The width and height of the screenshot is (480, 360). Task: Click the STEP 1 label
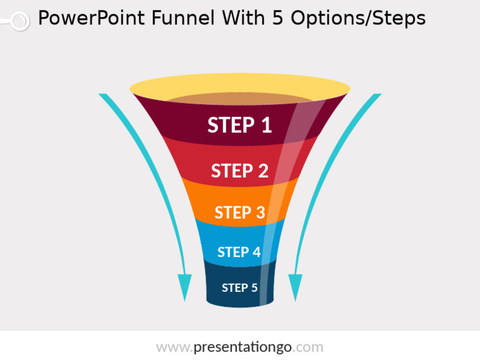point(240,125)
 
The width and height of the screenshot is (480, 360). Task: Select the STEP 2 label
point(240,171)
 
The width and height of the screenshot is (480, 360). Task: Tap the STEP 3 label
point(240,212)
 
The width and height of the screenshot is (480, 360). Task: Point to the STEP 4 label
point(239,252)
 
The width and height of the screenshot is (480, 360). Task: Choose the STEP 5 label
point(239,287)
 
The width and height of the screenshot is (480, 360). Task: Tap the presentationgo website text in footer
point(240,347)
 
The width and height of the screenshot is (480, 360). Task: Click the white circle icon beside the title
point(20,21)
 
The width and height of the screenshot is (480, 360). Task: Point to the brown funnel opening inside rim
point(239,99)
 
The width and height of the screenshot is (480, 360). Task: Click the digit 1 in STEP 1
point(267,125)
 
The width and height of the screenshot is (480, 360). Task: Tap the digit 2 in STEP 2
point(263,171)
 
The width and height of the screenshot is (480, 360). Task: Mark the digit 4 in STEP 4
point(256,252)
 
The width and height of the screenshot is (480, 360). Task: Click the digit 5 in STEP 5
point(254,287)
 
